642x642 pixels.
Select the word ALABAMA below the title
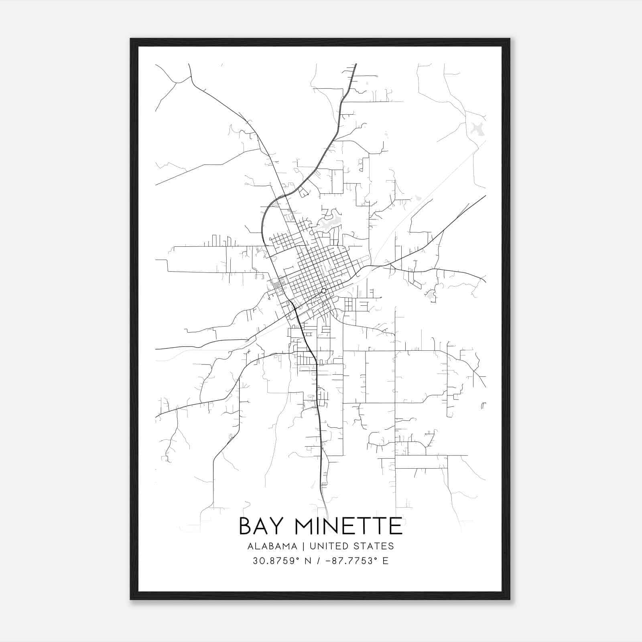click(x=272, y=546)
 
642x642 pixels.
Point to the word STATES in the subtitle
click(x=377, y=546)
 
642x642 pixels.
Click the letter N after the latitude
click(x=309, y=561)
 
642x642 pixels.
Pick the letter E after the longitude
click(x=386, y=561)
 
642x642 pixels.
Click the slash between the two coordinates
click(x=318, y=561)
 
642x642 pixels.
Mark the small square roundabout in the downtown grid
click(x=323, y=291)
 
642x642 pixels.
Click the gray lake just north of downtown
click(x=328, y=225)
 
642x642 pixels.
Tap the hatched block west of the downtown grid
click(x=277, y=286)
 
